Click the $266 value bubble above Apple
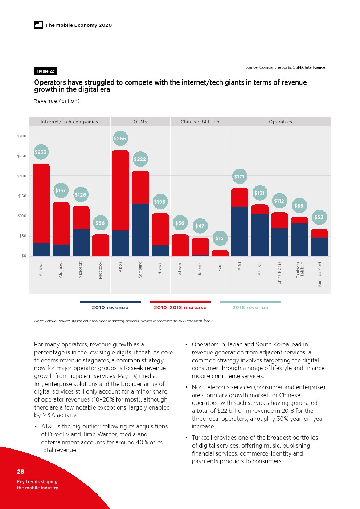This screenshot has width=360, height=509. click(120, 138)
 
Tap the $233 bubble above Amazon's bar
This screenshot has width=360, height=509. click(41, 152)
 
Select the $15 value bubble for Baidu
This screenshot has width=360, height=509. click(220, 238)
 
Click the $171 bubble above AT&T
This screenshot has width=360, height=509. click(239, 177)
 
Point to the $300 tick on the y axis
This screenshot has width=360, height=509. click(22, 136)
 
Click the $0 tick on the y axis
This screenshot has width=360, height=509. click(24, 256)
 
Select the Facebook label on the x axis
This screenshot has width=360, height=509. click(101, 270)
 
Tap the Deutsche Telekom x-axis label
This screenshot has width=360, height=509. click(300, 269)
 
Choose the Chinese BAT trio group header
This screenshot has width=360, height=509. click(200, 122)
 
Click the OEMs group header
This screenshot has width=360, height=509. click(140, 122)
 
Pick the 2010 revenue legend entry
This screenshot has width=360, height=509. click(110, 307)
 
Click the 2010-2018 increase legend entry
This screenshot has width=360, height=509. click(180, 307)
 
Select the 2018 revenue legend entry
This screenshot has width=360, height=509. click(250, 307)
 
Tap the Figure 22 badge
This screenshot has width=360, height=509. click(45, 71)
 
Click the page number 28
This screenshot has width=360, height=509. click(21, 472)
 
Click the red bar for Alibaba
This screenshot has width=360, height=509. click(180, 245)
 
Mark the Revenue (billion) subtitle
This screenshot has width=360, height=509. click(57, 101)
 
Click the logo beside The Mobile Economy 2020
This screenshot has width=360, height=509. click(38, 25)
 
